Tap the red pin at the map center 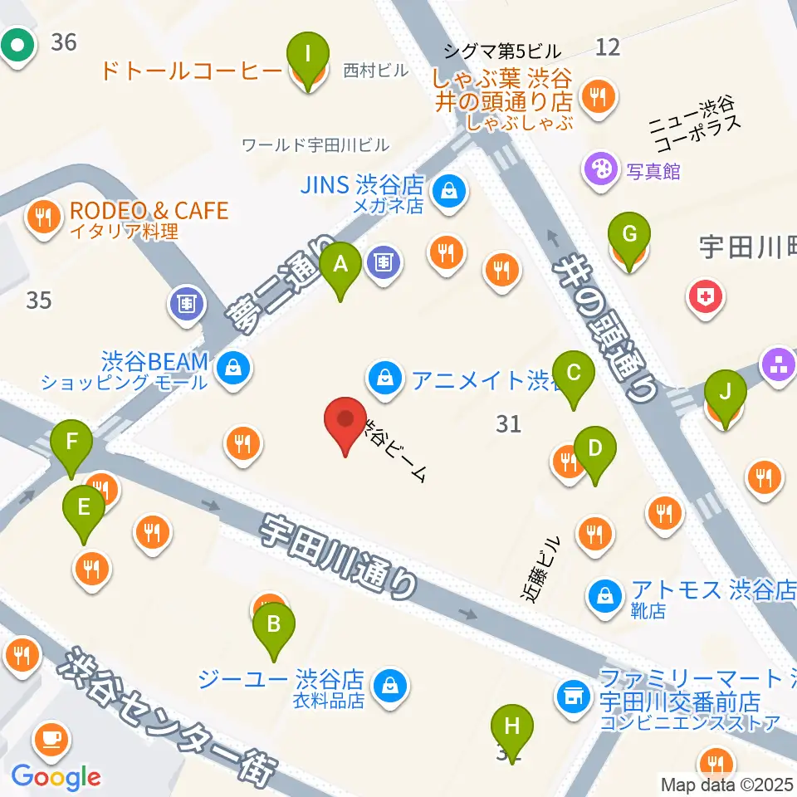(345, 423)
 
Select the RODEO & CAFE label (149, 211)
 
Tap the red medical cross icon (705, 296)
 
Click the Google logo (56, 778)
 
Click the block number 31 (508, 424)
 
